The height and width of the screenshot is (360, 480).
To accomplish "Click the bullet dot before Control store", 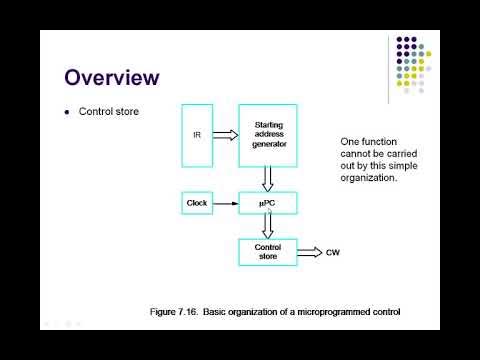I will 67,111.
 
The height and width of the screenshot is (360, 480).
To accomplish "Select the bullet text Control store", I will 109,111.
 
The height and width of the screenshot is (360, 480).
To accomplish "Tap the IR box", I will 198,133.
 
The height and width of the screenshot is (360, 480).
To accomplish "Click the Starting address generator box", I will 268,133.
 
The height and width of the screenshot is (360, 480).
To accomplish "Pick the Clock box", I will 197,204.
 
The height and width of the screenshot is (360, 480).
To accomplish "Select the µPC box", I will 268,204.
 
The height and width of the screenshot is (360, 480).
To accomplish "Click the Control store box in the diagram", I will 268,252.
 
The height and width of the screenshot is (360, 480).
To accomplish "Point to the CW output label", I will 334,252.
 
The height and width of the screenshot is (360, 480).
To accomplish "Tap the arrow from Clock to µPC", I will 226,204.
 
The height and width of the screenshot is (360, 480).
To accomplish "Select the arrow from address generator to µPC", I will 268,179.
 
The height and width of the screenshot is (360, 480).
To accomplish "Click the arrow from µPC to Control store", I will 268,228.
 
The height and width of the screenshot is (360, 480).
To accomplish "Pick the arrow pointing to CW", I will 309,252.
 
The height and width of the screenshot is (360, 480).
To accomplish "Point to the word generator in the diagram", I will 268,143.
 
